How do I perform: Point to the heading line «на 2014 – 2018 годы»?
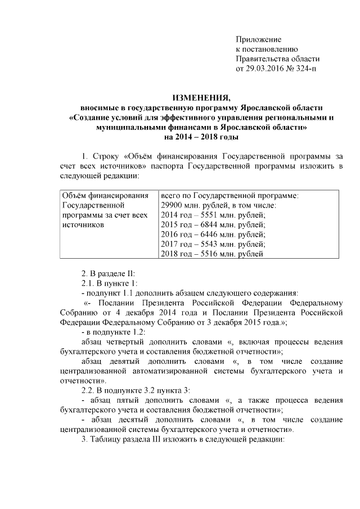pos(201,137)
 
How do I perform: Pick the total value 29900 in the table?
pos(172,205)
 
